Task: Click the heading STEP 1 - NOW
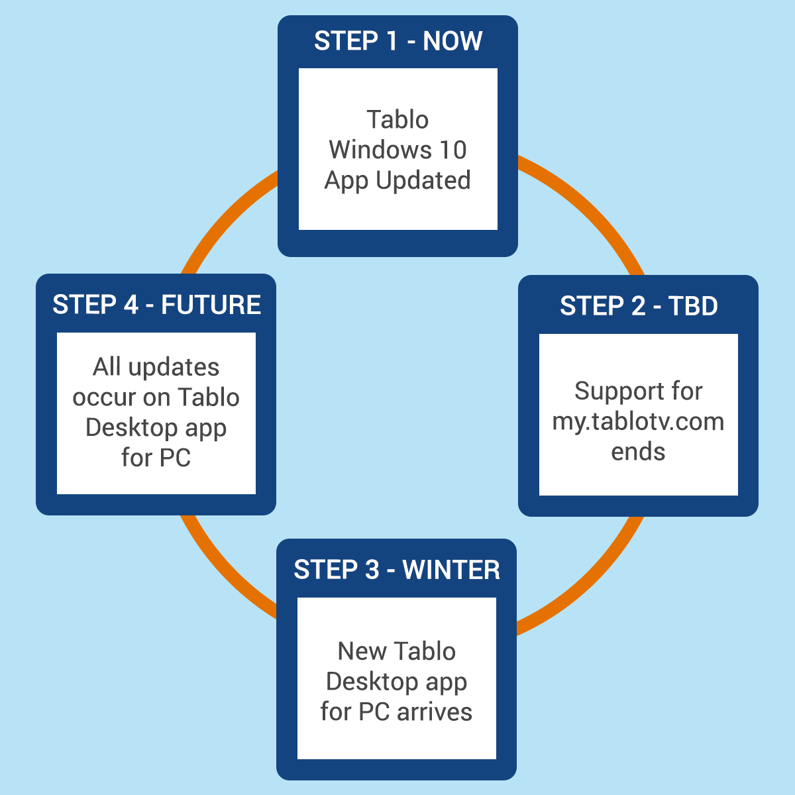[398, 41]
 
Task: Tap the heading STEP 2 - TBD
[639, 305]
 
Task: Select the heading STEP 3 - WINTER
[397, 570]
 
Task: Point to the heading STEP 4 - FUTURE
[157, 305]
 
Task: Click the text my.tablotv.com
[638, 421]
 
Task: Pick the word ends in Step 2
[638, 451]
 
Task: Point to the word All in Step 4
[107, 366]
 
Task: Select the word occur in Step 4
[105, 397]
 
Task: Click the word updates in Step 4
[174, 367]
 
